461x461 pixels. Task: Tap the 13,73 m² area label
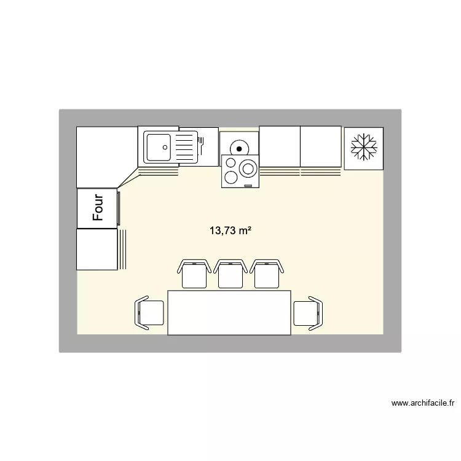click(230, 231)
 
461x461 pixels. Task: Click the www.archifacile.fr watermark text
click(422, 404)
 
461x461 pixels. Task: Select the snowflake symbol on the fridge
click(363, 148)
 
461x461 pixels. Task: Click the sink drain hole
click(165, 147)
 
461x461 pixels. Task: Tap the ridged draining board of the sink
click(185, 148)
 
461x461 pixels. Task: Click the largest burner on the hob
click(248, 168)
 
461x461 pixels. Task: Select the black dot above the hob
click(238, 148)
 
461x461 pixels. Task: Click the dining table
click(229, 313)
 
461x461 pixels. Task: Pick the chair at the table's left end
click(149, 313)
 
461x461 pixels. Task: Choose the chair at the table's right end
click(307, 313)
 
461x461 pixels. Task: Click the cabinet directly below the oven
click(97, 249)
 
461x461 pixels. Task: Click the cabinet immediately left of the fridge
click(320, 146)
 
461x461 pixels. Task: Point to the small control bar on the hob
click(248, 185)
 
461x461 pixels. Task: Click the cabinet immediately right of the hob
click(279, 146)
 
